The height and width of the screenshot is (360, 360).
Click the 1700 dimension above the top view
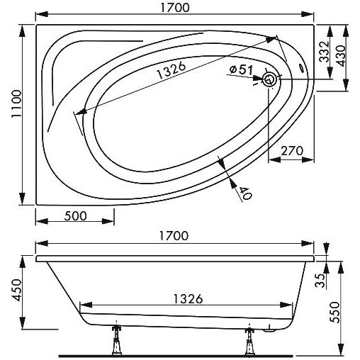tap(175, 8)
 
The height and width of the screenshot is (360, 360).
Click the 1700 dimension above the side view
tap(174, 235)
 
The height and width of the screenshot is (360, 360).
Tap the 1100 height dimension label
tap(16, 103)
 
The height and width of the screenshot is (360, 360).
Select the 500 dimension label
tap(76, 216)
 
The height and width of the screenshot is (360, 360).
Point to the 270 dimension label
tap(292, 151)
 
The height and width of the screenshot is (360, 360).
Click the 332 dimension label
tap(324, 52)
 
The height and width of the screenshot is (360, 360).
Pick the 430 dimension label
tap(341, 56)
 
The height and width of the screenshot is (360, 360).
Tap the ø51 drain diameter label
tap(241, 70)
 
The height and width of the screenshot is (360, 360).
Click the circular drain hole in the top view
tap(269, 79)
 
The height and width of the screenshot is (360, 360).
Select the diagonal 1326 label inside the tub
tap(171, 71)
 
